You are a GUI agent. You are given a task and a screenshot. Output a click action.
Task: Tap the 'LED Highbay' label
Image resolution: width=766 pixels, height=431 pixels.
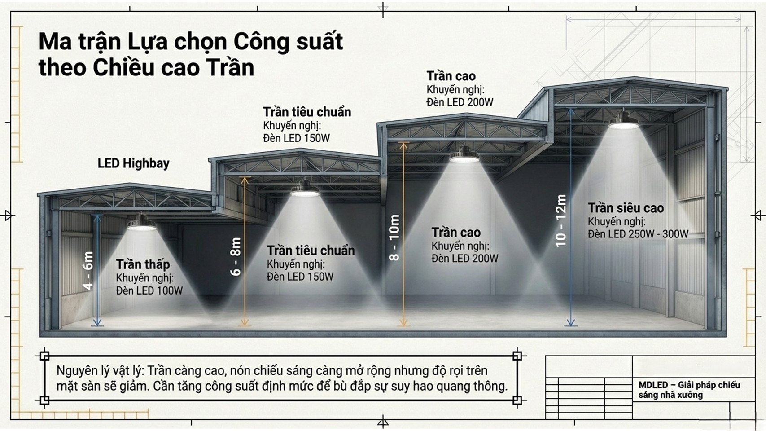point(133,163)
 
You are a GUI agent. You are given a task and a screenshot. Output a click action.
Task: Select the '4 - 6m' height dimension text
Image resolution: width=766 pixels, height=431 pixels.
point(88,271)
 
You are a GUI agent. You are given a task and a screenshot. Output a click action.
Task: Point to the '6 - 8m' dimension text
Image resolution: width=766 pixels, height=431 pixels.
point(236,256)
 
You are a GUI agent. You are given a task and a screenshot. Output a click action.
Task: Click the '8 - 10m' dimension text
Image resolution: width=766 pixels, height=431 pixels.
point(394,237)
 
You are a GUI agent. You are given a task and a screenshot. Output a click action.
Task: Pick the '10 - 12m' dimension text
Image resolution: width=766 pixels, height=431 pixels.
point(561,220)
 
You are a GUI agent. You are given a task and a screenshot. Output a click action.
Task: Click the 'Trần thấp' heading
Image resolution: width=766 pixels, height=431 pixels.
point(143,264)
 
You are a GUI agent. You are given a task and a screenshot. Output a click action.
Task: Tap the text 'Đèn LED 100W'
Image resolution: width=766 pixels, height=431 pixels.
point(149,290)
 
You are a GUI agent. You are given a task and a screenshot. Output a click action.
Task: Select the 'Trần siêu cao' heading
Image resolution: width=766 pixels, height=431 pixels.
point(626,208)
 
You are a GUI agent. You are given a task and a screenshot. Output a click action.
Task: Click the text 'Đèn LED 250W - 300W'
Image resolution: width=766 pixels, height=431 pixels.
point(638,234)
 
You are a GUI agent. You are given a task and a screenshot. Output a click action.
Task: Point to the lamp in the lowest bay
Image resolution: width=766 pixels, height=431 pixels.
point(141,223)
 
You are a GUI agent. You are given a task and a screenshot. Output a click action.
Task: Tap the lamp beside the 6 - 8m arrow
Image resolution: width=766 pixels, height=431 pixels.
point(305,189)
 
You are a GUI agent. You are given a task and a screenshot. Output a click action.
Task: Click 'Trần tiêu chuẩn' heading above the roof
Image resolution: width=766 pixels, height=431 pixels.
point(307,112)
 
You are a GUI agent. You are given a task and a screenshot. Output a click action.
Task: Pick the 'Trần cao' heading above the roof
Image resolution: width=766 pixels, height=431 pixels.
point(451,76)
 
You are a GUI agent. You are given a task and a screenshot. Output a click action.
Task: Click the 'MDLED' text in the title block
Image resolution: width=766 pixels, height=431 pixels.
point(653,385)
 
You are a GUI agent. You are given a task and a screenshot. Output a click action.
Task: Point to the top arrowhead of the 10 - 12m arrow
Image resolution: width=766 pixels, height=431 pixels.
point(571,110)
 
